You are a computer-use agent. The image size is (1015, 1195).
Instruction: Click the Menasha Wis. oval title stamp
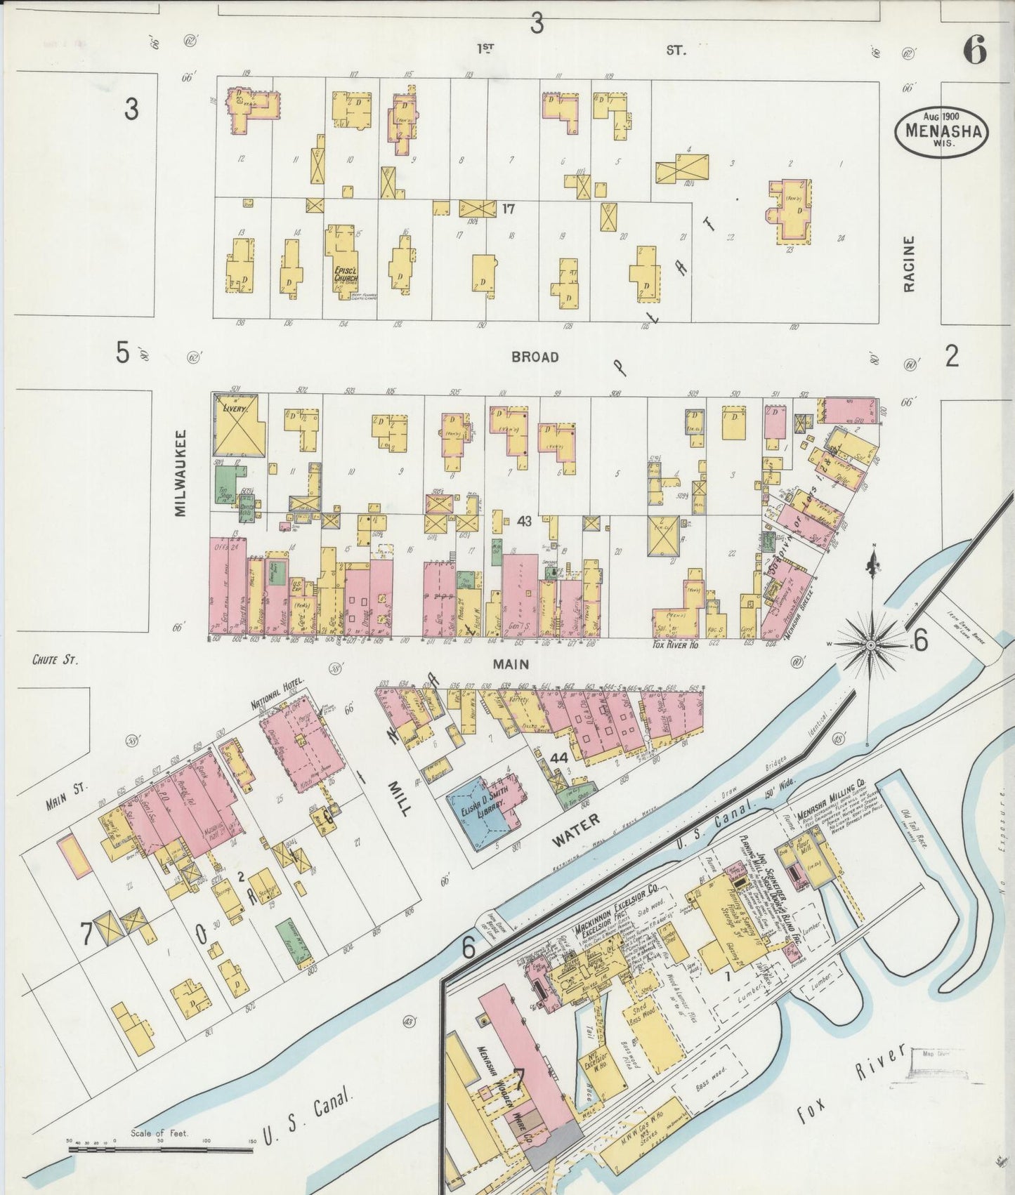(941, 129)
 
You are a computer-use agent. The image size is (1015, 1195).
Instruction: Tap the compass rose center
(871, 644)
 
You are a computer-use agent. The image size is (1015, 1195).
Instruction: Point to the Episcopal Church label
(345, 275)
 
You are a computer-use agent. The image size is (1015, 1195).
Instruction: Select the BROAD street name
(535, 357)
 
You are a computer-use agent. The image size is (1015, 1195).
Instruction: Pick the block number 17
(509, 209)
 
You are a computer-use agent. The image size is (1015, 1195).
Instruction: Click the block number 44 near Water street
(558, 758)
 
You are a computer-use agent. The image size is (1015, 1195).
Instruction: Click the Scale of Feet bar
(162, 1149)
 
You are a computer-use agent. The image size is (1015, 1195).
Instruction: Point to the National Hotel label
(277, 694)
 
